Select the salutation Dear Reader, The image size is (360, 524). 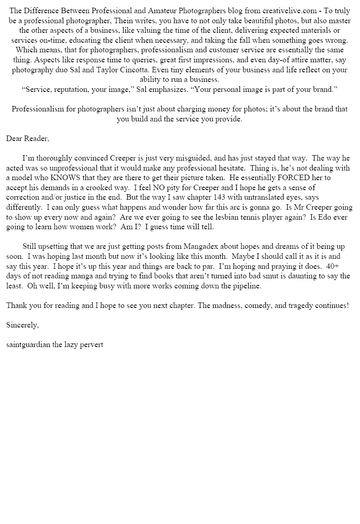coord(28,138)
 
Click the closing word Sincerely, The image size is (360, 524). coord(23,325)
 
